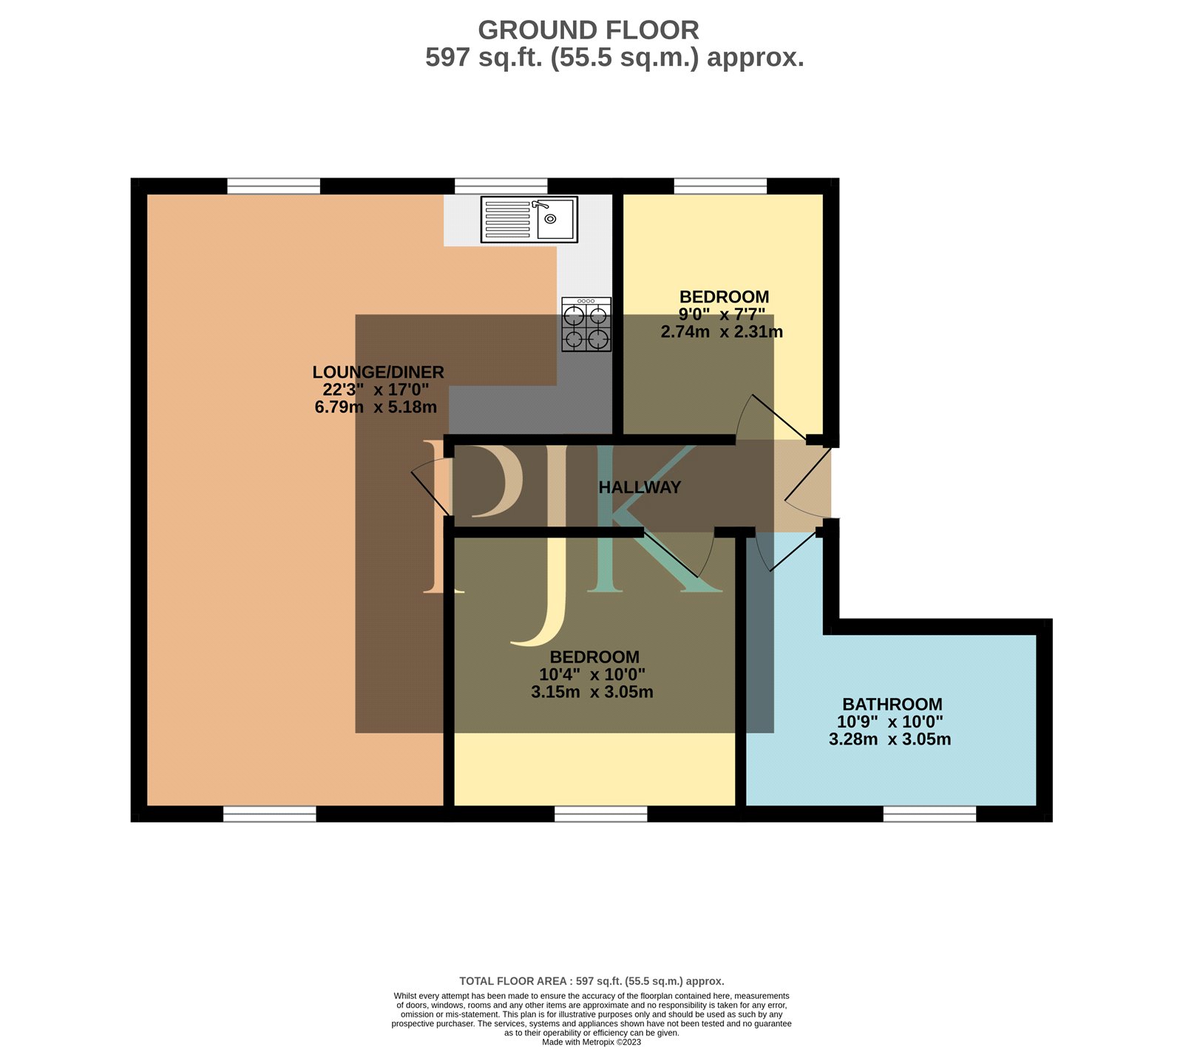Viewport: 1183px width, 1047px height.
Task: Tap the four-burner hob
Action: [x=586, y=324]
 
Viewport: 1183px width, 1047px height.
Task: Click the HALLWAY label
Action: [x=640, y=487]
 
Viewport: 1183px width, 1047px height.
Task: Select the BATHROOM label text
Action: [x=892, y=704]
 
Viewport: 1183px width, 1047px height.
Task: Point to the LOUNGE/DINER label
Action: [x=378, y=372]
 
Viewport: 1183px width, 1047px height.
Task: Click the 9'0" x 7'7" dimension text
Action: [x=722, y=314]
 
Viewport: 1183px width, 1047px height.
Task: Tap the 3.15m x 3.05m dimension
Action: [x=592, y=692]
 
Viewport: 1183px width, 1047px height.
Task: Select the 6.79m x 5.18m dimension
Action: [x=376, y=407]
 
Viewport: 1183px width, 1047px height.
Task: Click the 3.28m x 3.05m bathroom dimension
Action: [x=890, y=739]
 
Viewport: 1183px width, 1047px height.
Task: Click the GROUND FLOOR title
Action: [x=589, y=30]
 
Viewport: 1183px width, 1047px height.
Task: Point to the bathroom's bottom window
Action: [x=929, y=814]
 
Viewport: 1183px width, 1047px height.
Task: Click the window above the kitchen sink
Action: [x=501, y=186]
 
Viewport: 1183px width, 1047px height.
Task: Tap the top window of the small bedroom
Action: [x=720, y=186]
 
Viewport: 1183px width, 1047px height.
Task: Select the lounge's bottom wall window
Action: [x=269, y=814]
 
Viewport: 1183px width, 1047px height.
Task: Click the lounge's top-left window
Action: [x=273, y=186]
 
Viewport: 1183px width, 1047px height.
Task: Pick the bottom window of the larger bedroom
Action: [x=600, y=814]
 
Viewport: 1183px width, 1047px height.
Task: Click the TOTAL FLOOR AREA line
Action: [x=591, y=981]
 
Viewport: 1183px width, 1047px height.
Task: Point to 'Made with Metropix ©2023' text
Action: [x=591, y=1042]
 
